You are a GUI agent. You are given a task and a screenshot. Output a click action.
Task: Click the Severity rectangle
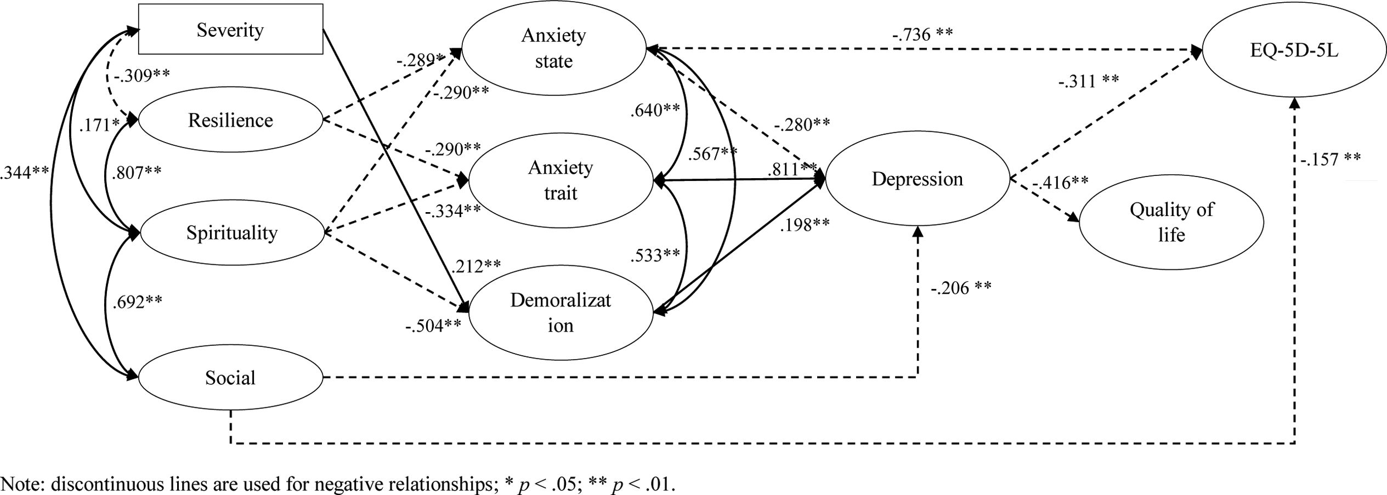(230, 30)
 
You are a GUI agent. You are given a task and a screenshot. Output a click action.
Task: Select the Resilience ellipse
(230, 120)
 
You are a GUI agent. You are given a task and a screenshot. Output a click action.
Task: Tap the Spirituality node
(232, 233)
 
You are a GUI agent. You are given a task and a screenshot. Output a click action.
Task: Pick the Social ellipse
(230, 378)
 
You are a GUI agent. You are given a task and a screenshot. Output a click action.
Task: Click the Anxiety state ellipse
(553, 48)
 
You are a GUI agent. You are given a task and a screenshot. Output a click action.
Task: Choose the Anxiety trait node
(561, 180)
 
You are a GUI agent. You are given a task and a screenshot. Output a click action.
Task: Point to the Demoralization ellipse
(561, 313)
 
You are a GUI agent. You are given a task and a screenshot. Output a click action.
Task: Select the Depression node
(917, 179)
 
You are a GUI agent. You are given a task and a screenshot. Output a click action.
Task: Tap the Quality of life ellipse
(1171, 222)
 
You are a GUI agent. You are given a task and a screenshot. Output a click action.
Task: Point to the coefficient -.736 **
(922, 35)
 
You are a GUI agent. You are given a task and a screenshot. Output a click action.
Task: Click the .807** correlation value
(137, 173)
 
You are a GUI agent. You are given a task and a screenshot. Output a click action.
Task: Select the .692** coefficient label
(137, 302)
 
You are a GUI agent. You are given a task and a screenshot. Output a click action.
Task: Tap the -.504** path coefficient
(433, 326)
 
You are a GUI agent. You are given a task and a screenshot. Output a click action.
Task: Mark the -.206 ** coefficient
(961, 288)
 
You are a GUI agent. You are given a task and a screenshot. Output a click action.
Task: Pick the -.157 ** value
(1331, 159)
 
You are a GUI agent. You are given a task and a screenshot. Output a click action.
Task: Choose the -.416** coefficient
(1061, 183)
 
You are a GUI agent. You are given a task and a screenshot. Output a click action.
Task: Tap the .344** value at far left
(25, 172)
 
